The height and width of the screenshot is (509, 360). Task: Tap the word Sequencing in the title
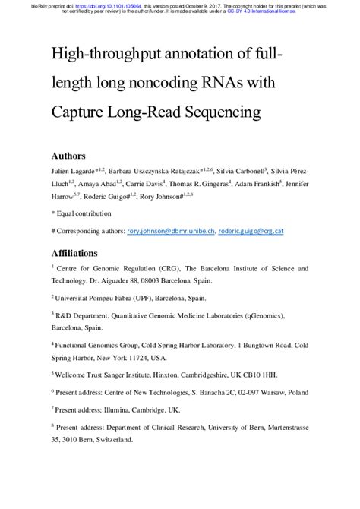click(216, 112)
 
